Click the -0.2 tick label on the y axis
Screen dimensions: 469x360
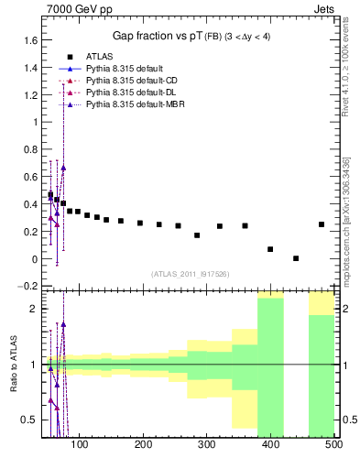tap(28, 286)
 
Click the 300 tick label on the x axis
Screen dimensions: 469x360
tap(206, 445)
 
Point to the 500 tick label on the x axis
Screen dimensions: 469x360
tap(333, 445)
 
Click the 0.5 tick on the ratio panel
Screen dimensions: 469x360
tap(30, 420)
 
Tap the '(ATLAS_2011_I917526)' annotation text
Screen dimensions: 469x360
tap(191, 274)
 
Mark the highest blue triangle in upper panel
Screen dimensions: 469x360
tap(63, 168)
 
